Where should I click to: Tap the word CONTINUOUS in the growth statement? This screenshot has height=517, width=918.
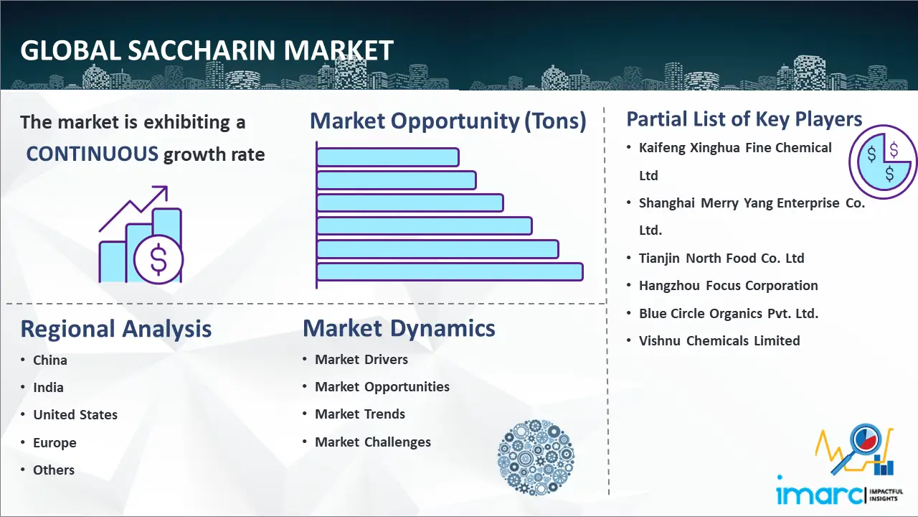pyautogui.click(x=93, y=154)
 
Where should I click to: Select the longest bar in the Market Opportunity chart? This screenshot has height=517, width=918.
pyautogui.click(x=450, y=271)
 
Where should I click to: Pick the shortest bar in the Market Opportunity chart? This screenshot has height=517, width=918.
pyautogui.click(x=387, y=157)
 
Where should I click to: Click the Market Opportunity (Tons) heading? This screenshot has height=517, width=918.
pyautogui.click(x=448, y=121)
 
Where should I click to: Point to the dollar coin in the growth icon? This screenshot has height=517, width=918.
pyautogui.click(x=158, y=259)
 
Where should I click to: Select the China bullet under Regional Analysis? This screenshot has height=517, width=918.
pyautogui.click(x=49, y=360)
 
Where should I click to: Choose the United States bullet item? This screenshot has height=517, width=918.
pyautogui.click(x=75, y=415)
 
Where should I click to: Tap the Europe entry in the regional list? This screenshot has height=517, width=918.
pyautogui.click(x=55, y=442)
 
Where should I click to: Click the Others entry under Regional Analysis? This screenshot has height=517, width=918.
pyautogui.click(x=54, y=470)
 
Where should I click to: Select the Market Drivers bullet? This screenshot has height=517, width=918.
pyautogui.click(x=361, y=359)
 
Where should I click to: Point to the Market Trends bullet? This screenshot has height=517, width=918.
pyautogui.click(x=360, y=414)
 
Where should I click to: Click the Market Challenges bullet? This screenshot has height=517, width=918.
pyautogui.click(x=373, y=442)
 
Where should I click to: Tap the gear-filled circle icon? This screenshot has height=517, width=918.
pyautogui.click(x=535, y=458)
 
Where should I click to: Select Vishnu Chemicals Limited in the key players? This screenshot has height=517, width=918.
pyautogui.click(x=719, y=340)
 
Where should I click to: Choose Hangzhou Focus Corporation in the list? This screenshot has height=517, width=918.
pyautogui.click(x=728, y=285)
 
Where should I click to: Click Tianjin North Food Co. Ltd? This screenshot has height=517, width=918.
pyautogui.click(x=721, y=258)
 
